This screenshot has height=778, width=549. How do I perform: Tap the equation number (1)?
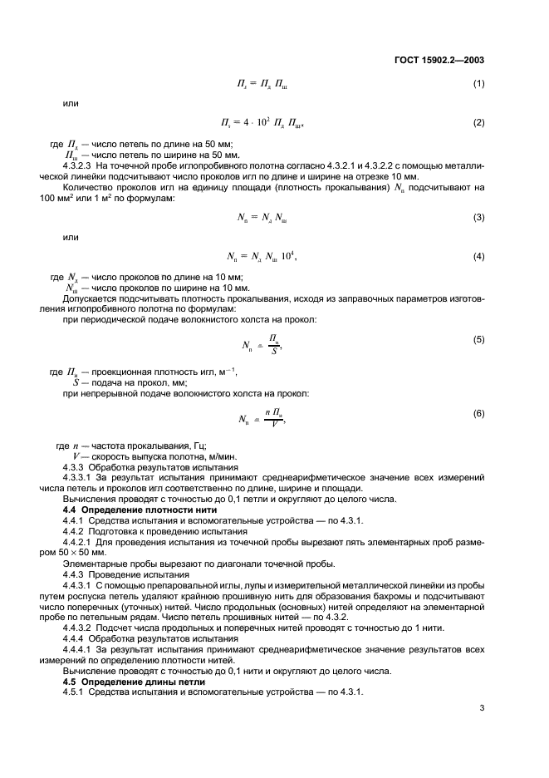click(478, 84)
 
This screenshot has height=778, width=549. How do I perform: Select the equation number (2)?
click(478, 123)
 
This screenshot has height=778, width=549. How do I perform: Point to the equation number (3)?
click(478, 218)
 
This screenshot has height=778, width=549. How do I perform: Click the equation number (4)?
click(478, 257)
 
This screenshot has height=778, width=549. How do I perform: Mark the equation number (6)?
click(478, 413)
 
